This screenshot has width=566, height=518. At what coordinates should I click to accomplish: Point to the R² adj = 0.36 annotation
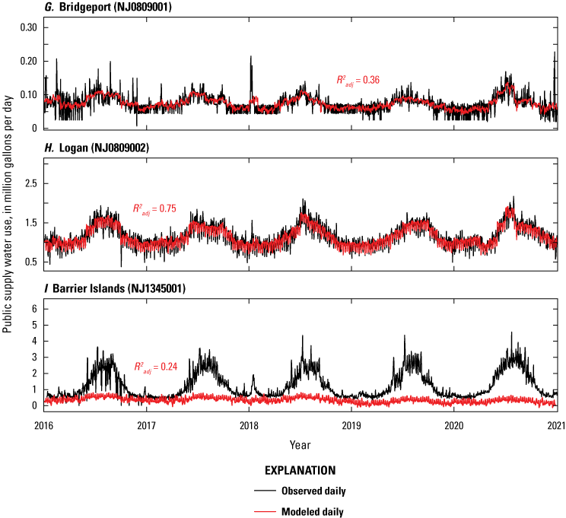pos(358,79)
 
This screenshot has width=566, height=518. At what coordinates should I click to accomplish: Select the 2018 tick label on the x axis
pos(249,425)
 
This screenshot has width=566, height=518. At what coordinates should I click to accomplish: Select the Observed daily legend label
pos(312,491)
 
